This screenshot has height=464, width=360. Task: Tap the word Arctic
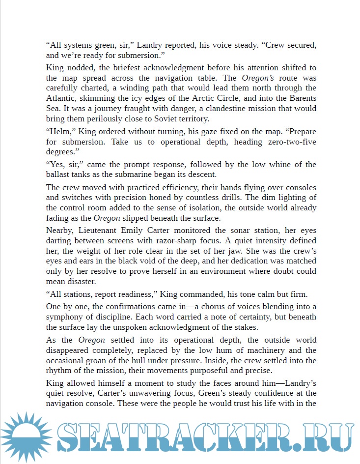[x=227, y=98]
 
